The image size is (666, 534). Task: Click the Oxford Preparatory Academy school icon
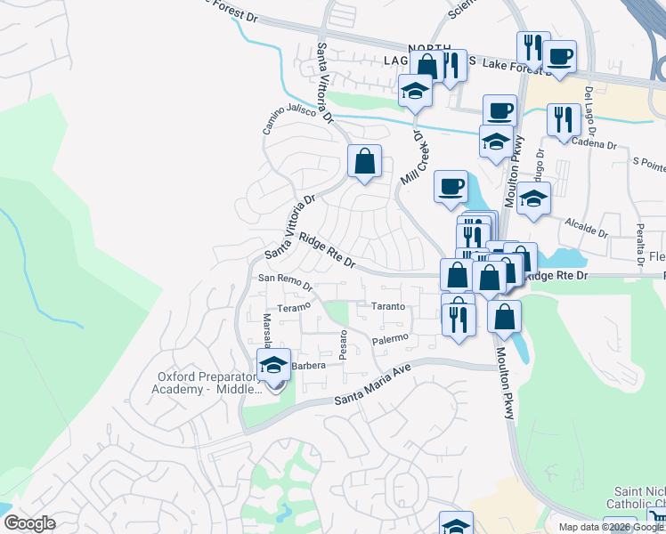pyautogui.click(x=273, y=365)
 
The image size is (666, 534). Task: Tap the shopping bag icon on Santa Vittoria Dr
pyautogui.click(x=364, y=161)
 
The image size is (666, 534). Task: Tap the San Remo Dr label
pyautogui.click(x=285, y=282)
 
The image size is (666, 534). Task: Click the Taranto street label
pyautogui.click(x=388, y=306)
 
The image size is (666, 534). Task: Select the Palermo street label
pyautogui.click(x=389, y=339)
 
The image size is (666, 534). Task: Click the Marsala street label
pyautogui.click(x=266, y=330)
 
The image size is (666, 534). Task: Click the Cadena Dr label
pyautogui.click(x=594, y=143)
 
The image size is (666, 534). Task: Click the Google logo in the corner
pyautogui.click(x=28, y=523)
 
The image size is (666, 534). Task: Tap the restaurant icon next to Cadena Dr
pyautogui.click(x=564, y=120)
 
